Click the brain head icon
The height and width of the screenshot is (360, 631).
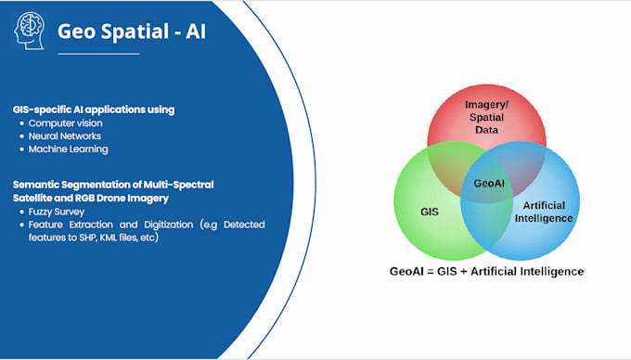[x=29, y=31]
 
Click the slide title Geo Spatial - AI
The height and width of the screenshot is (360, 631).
[x=132, y=32]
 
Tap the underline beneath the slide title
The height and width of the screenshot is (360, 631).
[x=98, y=54]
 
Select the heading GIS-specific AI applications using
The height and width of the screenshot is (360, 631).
[x=94, y=109]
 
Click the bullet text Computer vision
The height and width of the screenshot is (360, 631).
[x=65, y=123]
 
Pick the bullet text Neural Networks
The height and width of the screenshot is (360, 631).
[x=64, y=136]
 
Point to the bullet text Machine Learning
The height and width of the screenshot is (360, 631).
[x=68, y=149]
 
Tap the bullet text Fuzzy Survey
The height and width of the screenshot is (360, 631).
[x=57, y=212]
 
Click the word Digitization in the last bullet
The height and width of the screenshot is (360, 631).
[x=168, y=225]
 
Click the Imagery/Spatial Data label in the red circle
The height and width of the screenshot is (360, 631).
[x=486, y=117]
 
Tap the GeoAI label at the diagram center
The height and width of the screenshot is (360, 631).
[x=489, y=184]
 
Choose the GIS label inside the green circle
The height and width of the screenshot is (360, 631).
[x=430, y=212]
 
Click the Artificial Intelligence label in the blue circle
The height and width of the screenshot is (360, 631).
[x=544, y=212]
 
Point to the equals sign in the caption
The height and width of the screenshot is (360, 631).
[x=430, y=272]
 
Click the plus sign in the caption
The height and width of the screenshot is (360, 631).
[x=464, y=272]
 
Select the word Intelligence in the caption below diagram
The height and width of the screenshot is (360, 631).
[x=556, y=272]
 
